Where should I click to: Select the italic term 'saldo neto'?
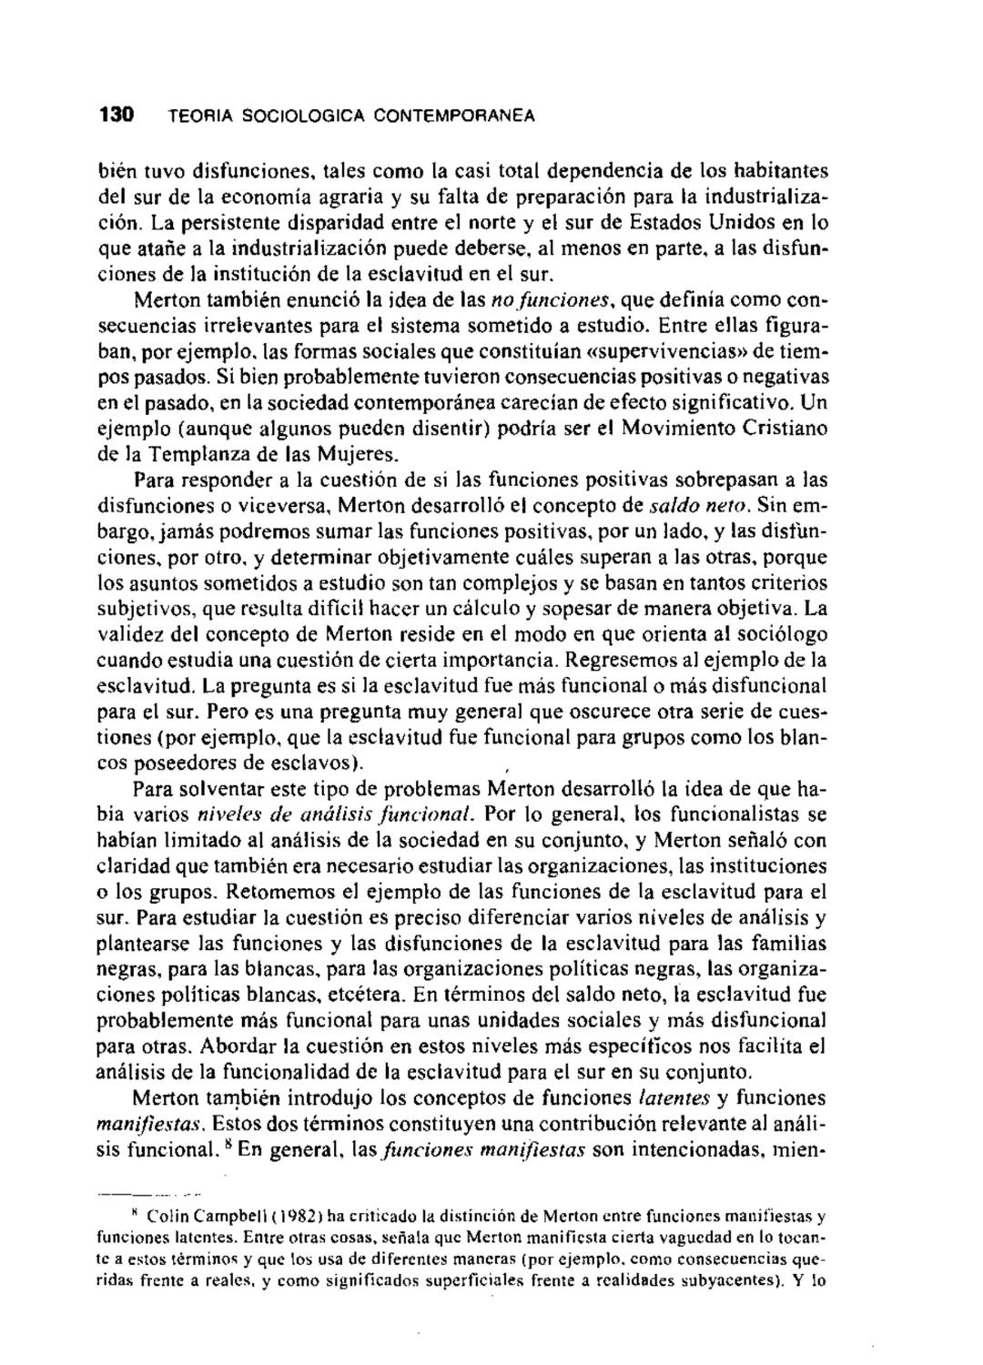(700, 504)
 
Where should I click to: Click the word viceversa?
(296, 504)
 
